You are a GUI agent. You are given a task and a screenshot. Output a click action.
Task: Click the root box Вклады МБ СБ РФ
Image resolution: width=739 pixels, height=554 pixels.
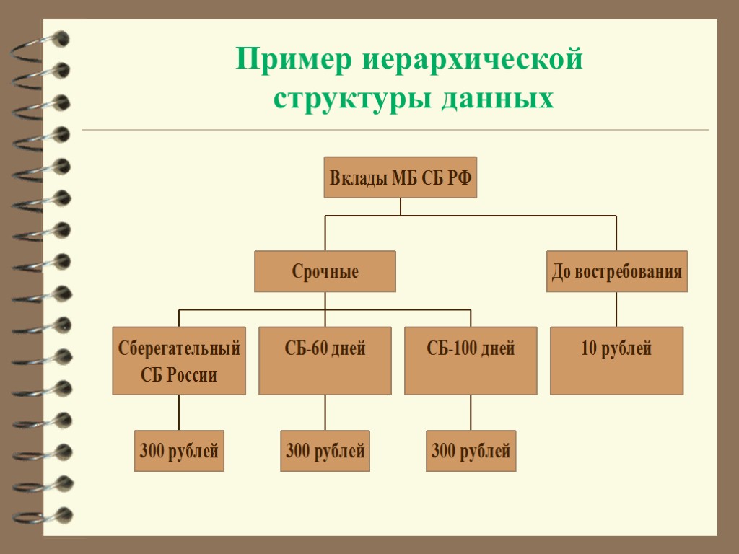[400, 177]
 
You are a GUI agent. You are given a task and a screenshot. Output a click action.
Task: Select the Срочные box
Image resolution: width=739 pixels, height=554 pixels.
[325, 271]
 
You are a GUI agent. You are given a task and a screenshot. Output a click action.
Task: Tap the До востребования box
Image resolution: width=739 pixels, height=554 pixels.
[617, 271]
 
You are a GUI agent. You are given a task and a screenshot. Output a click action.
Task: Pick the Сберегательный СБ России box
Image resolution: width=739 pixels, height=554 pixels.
[179, 361]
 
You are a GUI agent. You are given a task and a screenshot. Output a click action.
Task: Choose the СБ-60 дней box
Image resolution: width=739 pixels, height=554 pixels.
[325, 361]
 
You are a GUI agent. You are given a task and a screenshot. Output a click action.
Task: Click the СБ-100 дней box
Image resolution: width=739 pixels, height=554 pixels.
[471, 361]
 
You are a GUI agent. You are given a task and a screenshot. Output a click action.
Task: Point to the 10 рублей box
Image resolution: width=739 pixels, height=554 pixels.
[616, 361]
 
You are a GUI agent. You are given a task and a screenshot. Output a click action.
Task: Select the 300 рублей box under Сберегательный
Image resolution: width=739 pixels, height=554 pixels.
[179, 451]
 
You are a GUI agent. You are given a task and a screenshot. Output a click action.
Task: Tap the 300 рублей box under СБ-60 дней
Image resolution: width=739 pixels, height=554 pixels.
[325, 451]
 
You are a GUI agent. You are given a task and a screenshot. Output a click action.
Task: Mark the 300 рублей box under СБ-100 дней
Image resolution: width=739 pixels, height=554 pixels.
[471, 451]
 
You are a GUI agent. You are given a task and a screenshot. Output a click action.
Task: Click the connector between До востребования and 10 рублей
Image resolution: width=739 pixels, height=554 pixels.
[616, 309]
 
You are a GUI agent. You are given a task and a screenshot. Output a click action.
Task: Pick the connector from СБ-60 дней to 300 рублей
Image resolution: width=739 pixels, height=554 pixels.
[325, 413]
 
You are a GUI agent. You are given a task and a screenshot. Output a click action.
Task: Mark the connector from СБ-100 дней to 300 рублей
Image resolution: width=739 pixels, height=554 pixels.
[471, 413]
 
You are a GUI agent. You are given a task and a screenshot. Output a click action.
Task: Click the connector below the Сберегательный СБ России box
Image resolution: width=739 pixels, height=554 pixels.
[179, 413]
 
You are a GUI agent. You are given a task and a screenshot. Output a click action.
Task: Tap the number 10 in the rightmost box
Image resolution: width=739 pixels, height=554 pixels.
[589, 349]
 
